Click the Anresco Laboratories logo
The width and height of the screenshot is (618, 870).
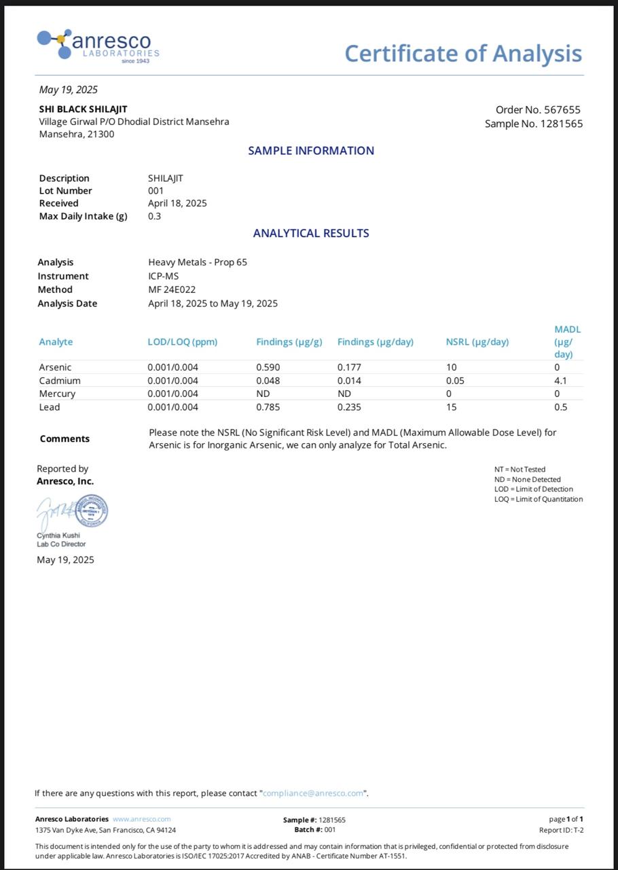pos(98,46)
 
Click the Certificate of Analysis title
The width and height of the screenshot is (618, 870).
pos(463,53)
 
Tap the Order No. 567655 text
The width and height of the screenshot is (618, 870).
pos(538,109)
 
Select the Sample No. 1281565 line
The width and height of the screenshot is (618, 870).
pos(534,124)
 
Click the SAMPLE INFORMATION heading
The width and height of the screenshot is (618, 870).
pos(310,151)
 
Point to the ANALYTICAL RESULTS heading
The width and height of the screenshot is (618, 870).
pos(310,233)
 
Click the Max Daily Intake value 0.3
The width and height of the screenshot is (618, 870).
pos(154,216)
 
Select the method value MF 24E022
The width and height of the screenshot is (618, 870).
pos(172,290)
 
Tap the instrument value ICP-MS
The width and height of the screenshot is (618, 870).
pos(163,276)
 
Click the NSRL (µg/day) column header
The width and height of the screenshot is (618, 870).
pos(477,342)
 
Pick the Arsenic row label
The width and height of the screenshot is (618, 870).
pos(55,367)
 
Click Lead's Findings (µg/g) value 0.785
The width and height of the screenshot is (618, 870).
pos(268,407)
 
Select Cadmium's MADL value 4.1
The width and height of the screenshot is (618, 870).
pos(560,381)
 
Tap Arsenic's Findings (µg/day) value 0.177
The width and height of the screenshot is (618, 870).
pos(349,367)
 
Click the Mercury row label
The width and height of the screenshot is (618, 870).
pos(57,394)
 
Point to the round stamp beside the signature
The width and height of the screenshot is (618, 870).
pos(90,511)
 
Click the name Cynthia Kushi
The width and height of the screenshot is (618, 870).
pos(58,535)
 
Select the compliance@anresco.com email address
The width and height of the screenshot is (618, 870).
pos(313,793)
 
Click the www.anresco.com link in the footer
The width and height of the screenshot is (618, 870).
pos(141,819)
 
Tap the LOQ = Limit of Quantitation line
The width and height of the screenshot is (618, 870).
pos(538,499)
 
